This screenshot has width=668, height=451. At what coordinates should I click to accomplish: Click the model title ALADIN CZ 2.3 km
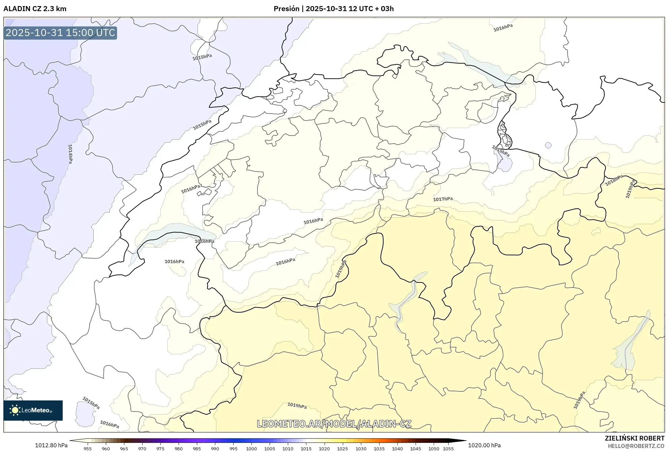point(35,9)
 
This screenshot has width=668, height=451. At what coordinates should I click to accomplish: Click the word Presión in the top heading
point(286,9)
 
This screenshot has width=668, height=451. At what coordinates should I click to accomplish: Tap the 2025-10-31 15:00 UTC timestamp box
point(60,33)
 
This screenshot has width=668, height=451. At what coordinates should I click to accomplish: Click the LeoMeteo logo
point(33,410)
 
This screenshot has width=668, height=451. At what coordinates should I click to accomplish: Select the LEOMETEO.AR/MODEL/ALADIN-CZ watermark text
point(334,424)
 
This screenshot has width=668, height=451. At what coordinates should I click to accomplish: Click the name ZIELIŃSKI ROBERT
point(634,438)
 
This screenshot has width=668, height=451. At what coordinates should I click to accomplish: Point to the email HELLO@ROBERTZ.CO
point(636,446)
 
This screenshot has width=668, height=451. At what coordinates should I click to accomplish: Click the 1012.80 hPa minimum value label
point(51,445)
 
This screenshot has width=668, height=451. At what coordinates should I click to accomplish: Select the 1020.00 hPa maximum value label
point(484,445)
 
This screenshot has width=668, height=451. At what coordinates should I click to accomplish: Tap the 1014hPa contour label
point(70,154)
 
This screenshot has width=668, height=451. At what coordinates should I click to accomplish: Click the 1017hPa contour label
point(443,199)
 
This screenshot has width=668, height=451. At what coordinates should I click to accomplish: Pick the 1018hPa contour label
point(614,181)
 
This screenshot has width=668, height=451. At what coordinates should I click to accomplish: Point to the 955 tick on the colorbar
point(88,449)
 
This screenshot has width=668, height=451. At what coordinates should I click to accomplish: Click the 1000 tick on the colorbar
point(251,449)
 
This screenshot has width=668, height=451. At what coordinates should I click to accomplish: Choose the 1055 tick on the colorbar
point(448,449)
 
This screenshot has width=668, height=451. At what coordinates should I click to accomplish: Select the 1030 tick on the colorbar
point(361,449)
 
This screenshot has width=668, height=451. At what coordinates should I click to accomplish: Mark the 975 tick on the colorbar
point(160,449)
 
